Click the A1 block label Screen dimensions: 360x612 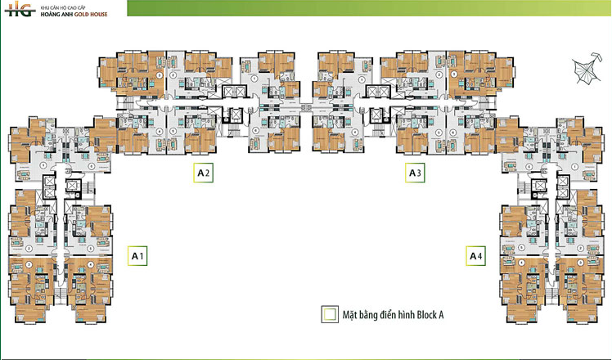pos(138,256)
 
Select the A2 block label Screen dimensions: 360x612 pos(204,173)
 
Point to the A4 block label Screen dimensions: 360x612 pos(475,256)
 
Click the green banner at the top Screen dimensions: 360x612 pos(368,8)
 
